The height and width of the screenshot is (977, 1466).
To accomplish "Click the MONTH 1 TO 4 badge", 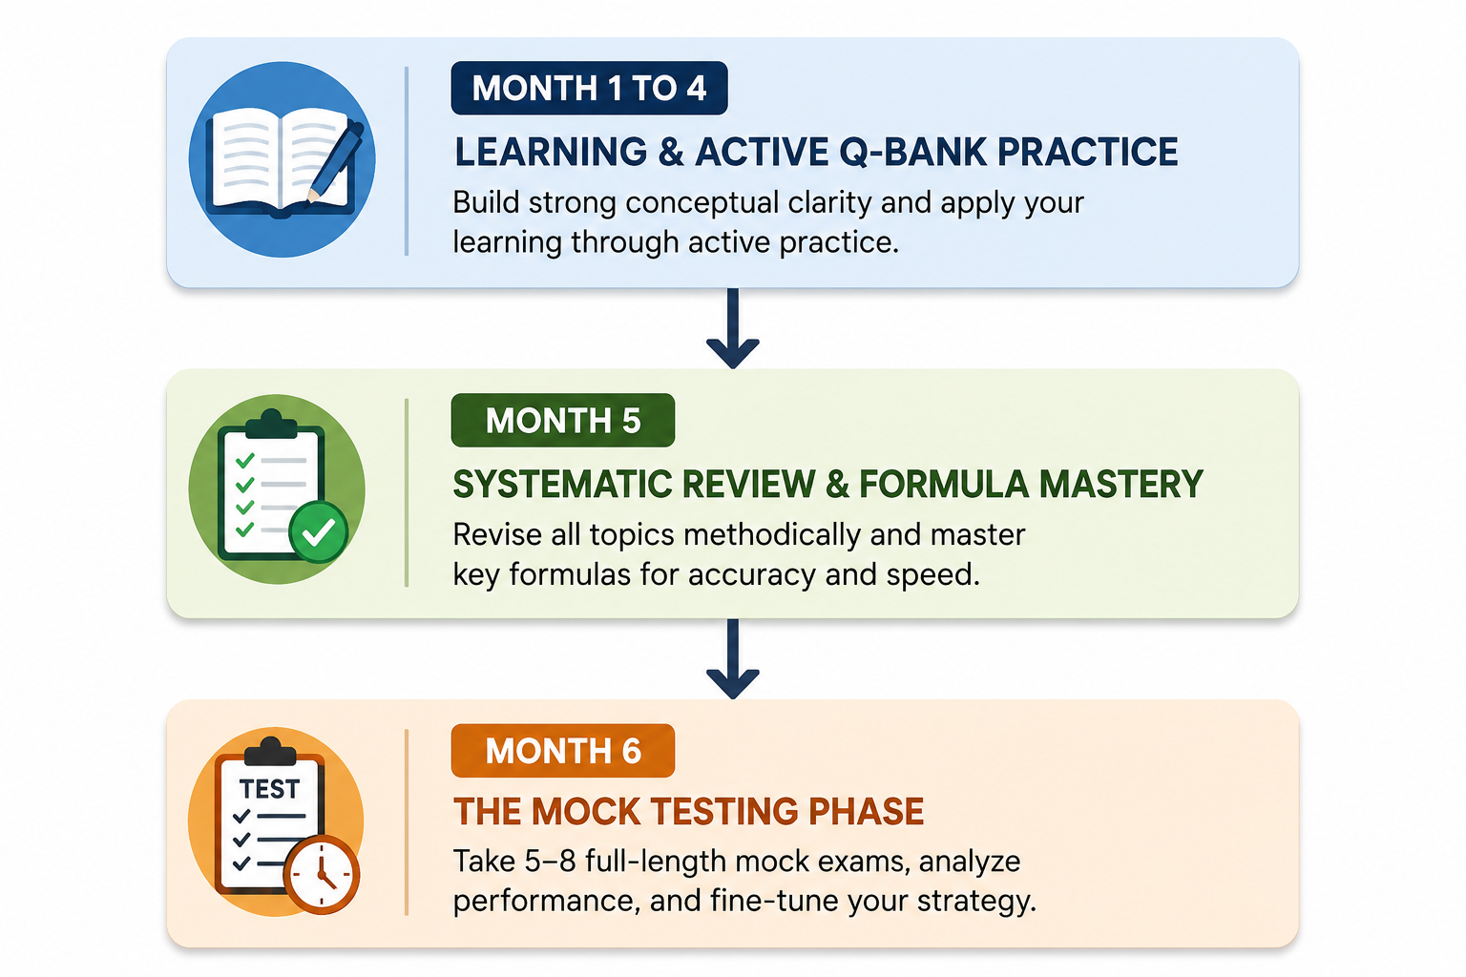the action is point(589,89).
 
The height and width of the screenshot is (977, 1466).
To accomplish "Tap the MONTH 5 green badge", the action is point(563,420).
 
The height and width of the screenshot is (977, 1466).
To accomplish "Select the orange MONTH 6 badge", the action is point(563,751).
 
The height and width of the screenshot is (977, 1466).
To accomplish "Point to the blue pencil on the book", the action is point(336,161).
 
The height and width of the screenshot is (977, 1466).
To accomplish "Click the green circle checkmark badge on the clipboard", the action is point(319,532).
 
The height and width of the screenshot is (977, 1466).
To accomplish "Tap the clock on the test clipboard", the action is point(322,874).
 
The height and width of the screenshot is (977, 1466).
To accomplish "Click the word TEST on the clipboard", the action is point(269,789).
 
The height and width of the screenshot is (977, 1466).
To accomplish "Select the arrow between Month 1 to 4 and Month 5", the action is point(733,328).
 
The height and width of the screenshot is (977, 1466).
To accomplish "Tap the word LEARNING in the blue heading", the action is point(551,152).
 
